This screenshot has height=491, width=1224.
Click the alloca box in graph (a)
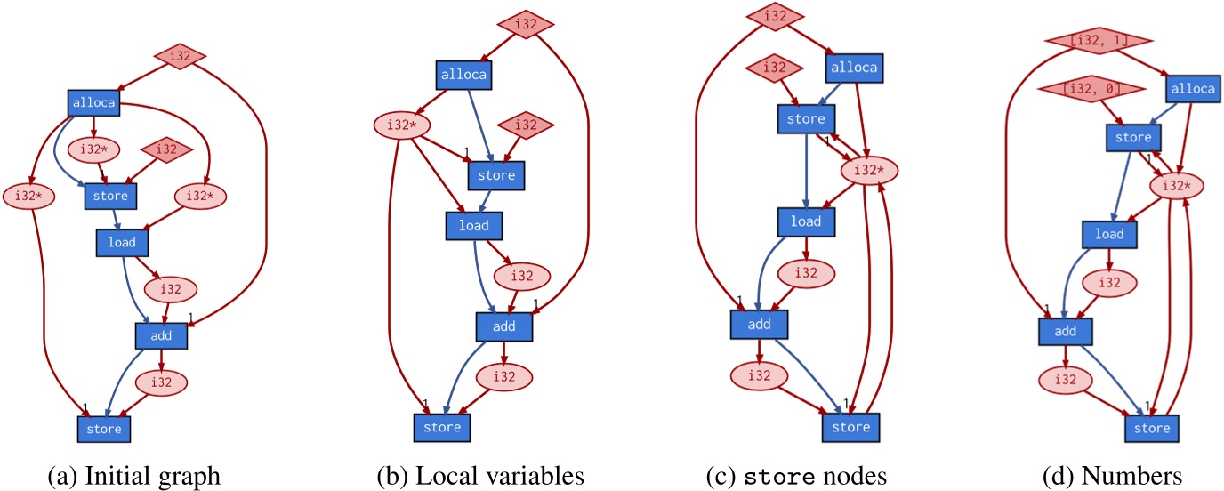coord(93,103)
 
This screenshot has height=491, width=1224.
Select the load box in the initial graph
coord(121,241)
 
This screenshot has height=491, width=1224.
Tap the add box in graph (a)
coord(161,335)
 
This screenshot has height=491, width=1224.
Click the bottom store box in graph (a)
coord(103,430)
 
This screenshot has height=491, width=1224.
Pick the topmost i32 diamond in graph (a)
coord(181,57)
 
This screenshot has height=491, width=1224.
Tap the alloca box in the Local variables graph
coord(463,75)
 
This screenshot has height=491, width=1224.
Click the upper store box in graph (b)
coord(496,175)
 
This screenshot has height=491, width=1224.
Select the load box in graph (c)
coord(805,221)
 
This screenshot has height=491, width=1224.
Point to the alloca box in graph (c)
coord(854,68)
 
